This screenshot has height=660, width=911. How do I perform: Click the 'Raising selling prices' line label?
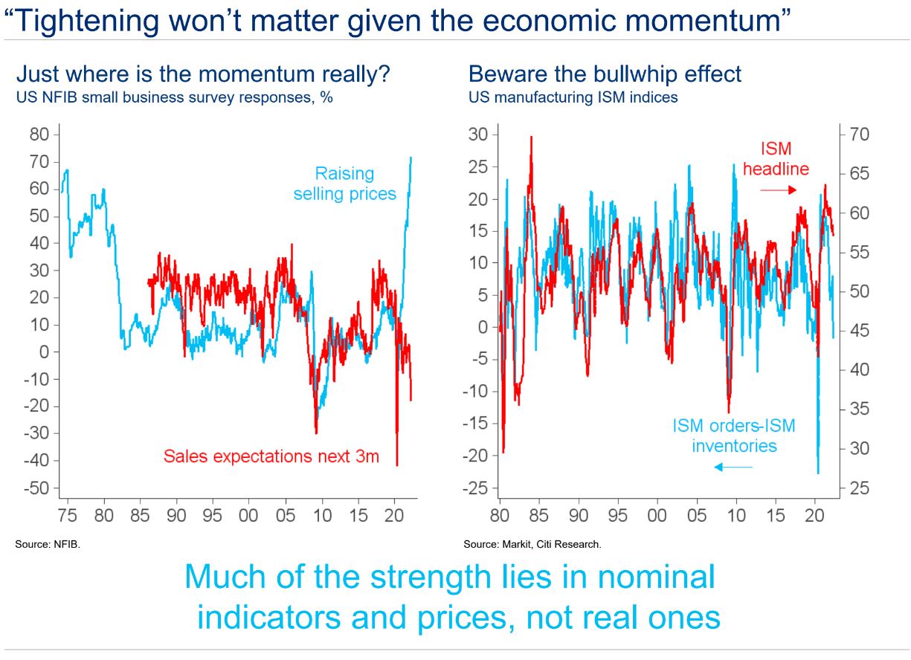point(344,184)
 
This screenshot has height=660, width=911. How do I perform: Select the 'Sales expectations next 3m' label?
point(271,456)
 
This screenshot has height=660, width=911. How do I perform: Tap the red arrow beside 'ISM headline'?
point(777,190)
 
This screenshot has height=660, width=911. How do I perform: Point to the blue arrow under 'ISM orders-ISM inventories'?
point(733,467)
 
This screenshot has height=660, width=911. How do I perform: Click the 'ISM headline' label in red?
point(776,159)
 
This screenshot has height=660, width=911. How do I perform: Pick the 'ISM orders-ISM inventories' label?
point(734,436)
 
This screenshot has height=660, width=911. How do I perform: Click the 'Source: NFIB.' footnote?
point(47,545)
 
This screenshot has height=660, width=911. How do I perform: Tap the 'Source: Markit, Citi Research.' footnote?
point(532,545)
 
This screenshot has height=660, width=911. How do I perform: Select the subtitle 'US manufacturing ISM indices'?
point(573,97)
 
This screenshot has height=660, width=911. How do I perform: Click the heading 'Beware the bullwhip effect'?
point(605,74)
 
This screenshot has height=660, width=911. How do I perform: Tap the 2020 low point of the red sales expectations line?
point(397,465)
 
